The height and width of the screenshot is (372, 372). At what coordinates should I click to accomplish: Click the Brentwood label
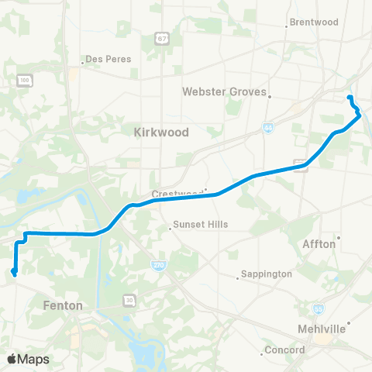(x=313, y=22)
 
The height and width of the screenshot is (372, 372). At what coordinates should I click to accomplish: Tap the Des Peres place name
(x=108, y=59)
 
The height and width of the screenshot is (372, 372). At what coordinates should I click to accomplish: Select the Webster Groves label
(x=223, y=91)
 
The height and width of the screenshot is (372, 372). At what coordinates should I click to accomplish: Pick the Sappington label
(x=266, y=274)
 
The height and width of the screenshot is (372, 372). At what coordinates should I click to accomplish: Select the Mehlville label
(x=320, y=328)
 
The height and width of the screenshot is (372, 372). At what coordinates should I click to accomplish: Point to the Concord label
(x=284, y=350)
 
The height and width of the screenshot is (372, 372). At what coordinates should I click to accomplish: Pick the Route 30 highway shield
(x=129, y=300)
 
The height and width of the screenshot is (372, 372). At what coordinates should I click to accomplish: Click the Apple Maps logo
(x=28, y=359)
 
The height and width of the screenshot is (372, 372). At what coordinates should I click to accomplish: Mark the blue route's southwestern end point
(x=14, y=272)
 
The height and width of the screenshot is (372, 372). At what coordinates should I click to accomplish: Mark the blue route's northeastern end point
(x=350, y=97)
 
